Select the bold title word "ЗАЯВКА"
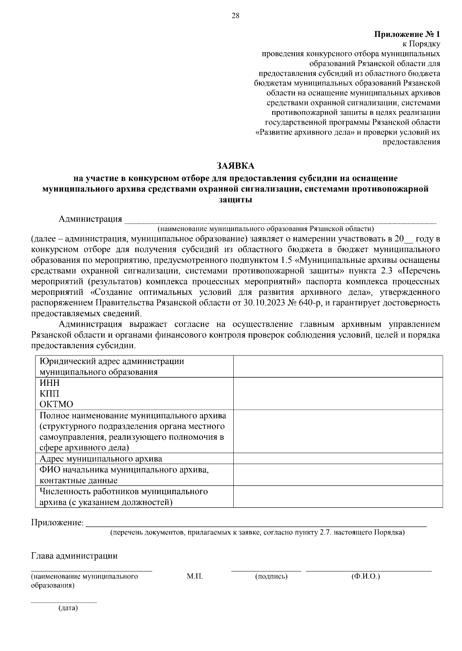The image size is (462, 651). pos(235,166)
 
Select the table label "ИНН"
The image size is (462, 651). pos(50,383)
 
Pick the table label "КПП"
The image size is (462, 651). pos(49,394)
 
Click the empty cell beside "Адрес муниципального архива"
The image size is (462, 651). pos(338,458)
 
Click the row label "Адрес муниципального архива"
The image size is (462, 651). pos(101,459)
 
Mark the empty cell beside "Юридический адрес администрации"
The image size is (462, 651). pos(338,366)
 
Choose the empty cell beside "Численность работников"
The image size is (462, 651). pos(338,497)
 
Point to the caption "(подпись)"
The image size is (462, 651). pos(271,576)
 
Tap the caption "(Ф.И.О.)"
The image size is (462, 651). pos(365,576)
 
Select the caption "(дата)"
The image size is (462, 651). pos(68,608)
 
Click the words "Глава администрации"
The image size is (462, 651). pos(74,556)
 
